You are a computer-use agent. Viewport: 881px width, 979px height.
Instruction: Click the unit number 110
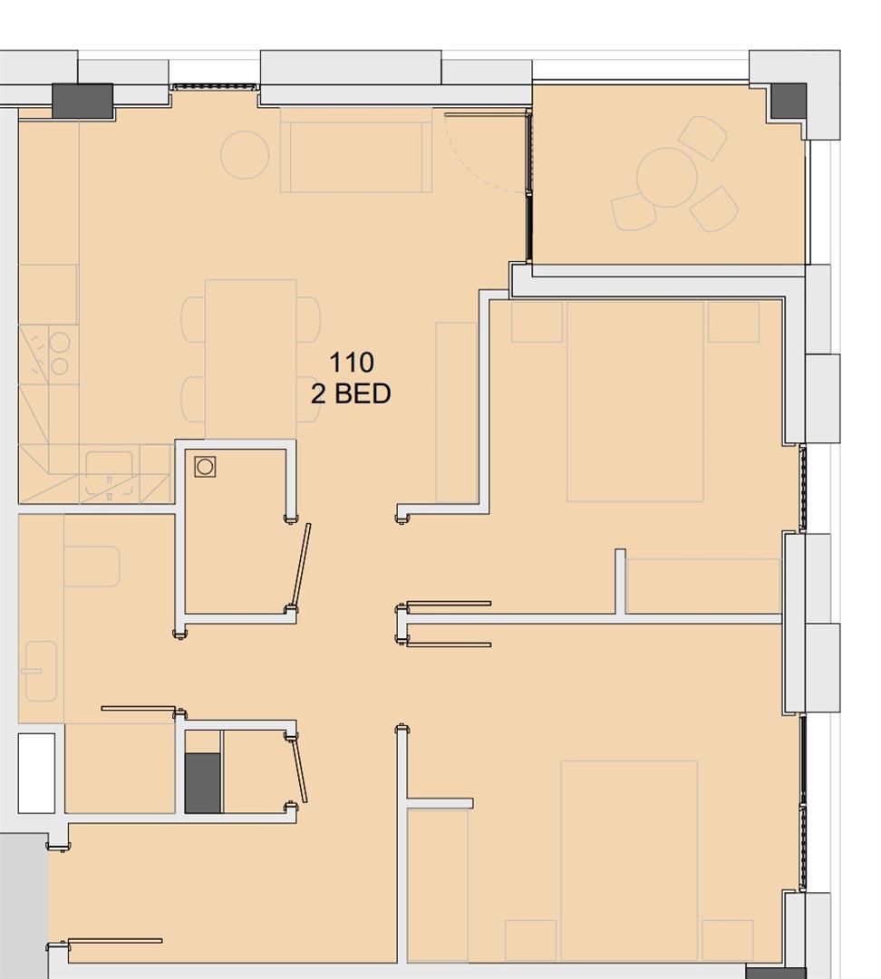[351, 363]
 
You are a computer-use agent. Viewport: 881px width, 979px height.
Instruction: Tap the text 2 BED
[351, 393]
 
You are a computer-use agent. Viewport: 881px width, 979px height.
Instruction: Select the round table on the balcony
[666, 179]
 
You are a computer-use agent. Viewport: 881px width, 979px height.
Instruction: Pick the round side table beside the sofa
[245, 155]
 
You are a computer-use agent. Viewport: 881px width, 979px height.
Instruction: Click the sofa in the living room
[355, 150]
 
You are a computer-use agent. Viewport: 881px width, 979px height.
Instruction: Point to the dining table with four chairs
[251, 359]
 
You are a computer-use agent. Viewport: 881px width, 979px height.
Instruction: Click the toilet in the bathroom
[92, 566]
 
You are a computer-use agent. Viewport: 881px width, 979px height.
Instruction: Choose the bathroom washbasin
[41, 671]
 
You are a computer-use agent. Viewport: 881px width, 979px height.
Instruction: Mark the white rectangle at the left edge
[36, 772]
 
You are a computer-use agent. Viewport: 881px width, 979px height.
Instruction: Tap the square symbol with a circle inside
[205, 467]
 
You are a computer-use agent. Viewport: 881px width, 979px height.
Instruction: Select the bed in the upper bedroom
[635, 401]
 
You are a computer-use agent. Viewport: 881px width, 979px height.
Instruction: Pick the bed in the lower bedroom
[629, 860]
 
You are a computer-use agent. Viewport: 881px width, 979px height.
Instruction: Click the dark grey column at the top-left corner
[82, 101]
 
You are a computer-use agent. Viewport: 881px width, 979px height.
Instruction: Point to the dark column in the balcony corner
[788, 101]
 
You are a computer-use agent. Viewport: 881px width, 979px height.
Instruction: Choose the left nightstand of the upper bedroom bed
[537, 322]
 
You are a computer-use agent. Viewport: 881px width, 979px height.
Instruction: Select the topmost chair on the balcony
[703, 138]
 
